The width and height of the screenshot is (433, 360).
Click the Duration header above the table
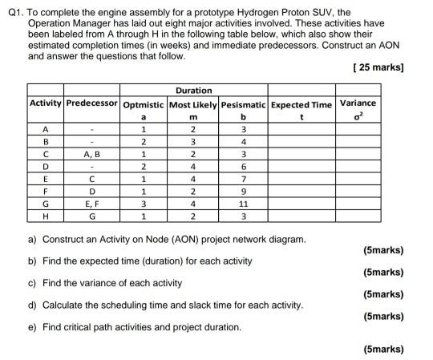pos(194,91)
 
